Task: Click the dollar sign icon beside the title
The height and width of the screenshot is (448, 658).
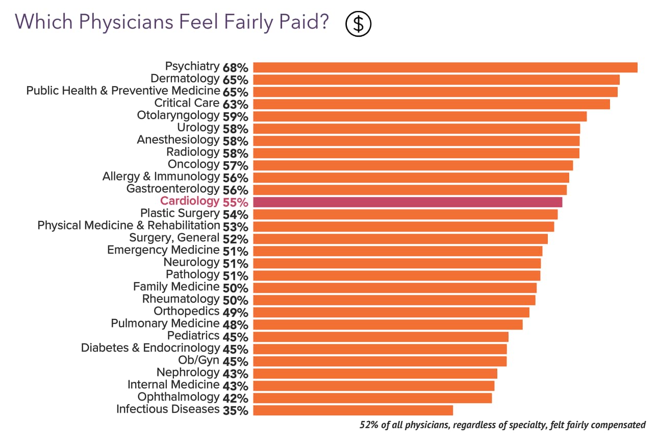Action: click(x=358, y=23)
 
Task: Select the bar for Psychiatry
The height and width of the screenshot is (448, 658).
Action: click(x=445, y=67)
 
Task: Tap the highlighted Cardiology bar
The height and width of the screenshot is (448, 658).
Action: click(x=407, y=202)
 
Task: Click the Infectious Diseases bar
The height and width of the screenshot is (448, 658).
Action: click(x=352, y=410)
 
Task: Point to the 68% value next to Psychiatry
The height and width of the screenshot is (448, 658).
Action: click(x=235, y=67)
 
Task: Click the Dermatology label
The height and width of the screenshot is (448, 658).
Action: click(x=185, y=79)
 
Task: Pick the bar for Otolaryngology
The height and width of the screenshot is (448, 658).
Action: click(x=419, y=116)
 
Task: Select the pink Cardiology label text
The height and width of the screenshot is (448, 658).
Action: click(x=189, y=202)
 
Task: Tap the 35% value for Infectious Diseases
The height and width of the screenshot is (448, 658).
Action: click(x=235, y=410)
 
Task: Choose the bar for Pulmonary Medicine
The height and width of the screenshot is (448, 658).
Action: click(x=388, y=325)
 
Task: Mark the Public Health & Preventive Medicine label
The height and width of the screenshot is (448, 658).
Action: click(x=123, y=91)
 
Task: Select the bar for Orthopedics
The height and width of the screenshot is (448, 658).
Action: click(x=391, y=312)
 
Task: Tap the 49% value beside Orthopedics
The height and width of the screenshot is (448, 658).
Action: click(x=235, y=312)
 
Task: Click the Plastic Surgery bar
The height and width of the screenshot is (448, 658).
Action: click(x=405, y=214)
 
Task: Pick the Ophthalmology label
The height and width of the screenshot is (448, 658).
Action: click(x=178, y=397)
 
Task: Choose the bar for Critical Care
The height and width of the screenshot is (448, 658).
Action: click(x=431, y=104)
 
